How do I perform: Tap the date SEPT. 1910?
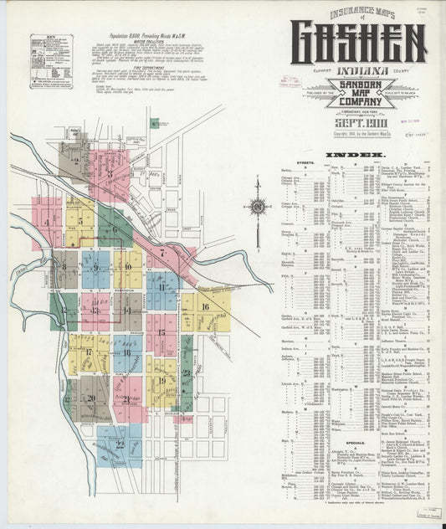point(358,122)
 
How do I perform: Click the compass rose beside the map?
point(258,206)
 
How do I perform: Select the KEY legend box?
point(51,61)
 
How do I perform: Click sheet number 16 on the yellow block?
point(204,307)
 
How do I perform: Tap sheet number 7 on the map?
point(161,252)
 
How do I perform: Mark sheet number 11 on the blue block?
point(161,287)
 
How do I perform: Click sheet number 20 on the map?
point(90,398)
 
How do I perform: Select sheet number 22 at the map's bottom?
point(120,442)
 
